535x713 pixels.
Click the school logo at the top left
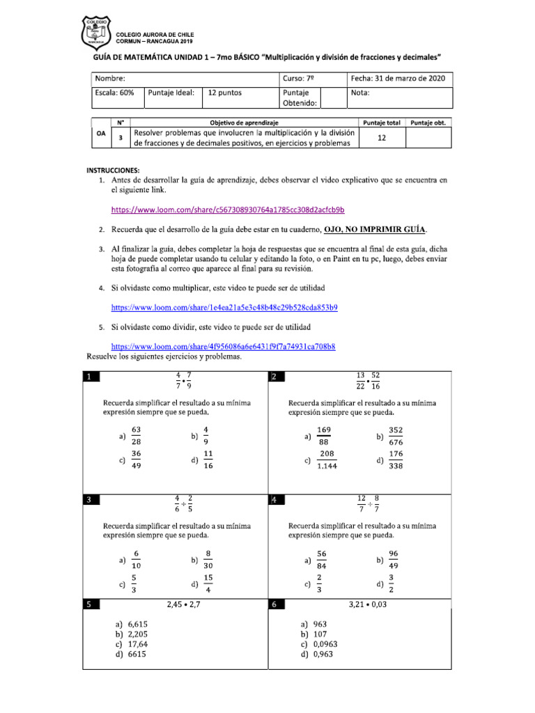(96, 33)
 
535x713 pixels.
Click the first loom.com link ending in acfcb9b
(228, 210)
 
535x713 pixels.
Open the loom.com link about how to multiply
(224, 307)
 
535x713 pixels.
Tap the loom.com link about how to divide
(224, 346)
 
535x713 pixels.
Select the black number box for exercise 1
(91, 377)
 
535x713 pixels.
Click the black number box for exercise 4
(276, 500)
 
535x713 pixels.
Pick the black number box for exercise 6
(276, 605)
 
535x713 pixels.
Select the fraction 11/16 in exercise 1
(208, 460)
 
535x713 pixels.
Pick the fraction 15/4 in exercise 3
(208, 583)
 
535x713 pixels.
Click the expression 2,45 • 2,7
(184, 605)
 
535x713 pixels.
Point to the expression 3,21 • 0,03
(368, 605)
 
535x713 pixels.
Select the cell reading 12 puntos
(225, 93)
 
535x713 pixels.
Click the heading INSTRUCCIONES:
(114, 170)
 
